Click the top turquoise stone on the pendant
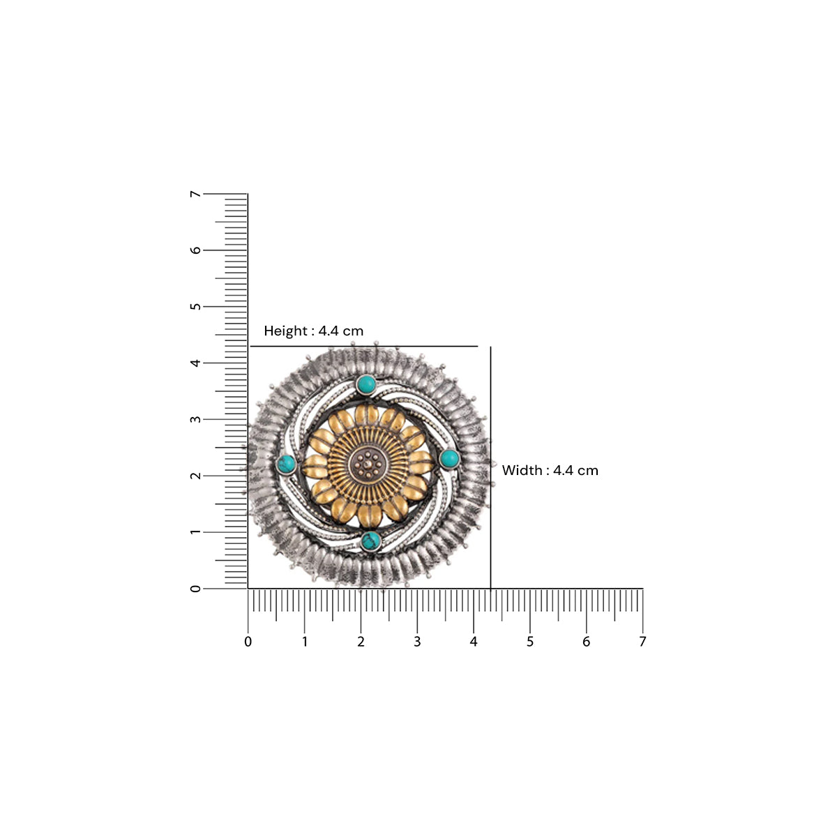(x=365, y=384)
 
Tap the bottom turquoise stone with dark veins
(x=370, y=541)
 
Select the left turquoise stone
(x=286, y=463)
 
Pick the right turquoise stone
(x=449, y=458)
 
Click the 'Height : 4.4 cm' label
(x=313, y=331)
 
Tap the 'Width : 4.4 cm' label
(x=550, y=471)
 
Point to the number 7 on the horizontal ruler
(x=642, y=642)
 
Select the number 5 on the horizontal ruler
(x=530, y=642)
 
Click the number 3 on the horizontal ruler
(x=417, y=642)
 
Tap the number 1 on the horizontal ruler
(x=304, y=642)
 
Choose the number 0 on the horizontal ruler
(x=248, y=642)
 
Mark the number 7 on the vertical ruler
(x=196, y=194)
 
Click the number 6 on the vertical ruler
(x=196, y=250)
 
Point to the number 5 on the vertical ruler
(x=196, y=306)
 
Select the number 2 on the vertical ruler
(x=196, y=476)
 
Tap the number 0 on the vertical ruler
(x=196, y=589)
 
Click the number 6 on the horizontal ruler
(x=586, y=642)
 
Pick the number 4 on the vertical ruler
(x=196, y=363)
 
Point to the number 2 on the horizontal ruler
(x=361, y=642)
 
